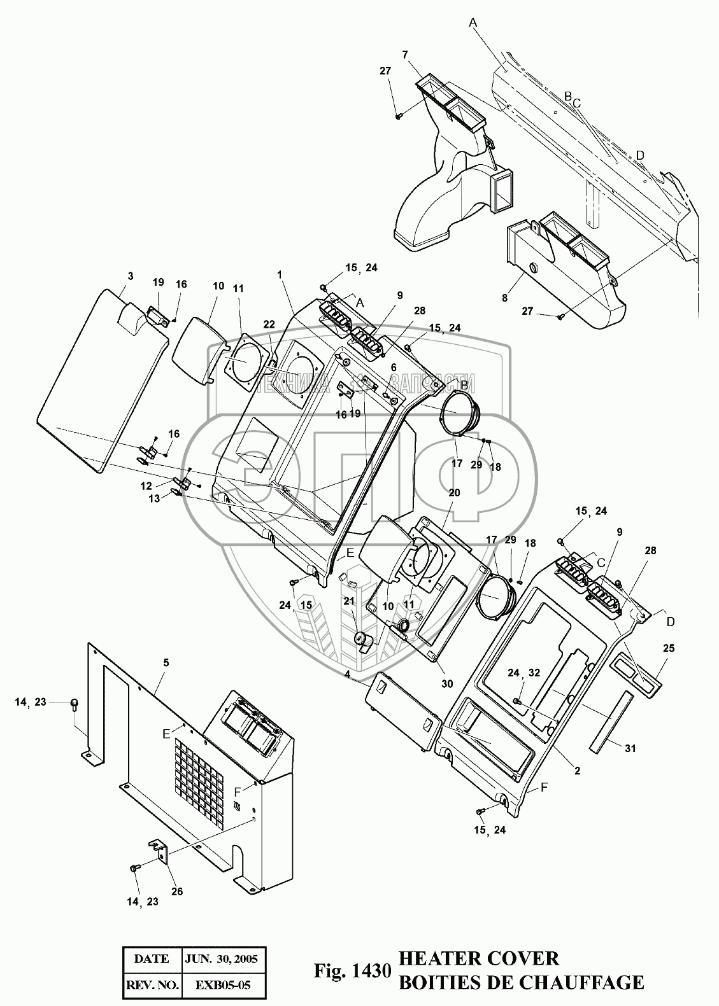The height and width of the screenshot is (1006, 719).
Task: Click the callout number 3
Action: point(131,276)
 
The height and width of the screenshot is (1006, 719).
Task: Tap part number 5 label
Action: point(166,663)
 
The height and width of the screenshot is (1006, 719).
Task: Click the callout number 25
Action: point(669,648)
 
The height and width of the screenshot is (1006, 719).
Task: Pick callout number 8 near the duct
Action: point(505,298)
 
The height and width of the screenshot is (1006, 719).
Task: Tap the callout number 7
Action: point(405,55)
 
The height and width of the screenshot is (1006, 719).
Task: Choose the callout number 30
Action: point(447,683)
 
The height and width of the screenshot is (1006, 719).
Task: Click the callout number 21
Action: point(349,601)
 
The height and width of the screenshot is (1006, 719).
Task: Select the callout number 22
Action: point(269,325)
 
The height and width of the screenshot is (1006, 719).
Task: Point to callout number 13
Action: point(154,498)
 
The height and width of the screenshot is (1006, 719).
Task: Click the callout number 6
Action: point(394,367)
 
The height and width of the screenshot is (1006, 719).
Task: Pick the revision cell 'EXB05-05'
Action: point(223,986)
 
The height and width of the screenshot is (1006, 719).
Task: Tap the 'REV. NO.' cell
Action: point(152,986)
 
